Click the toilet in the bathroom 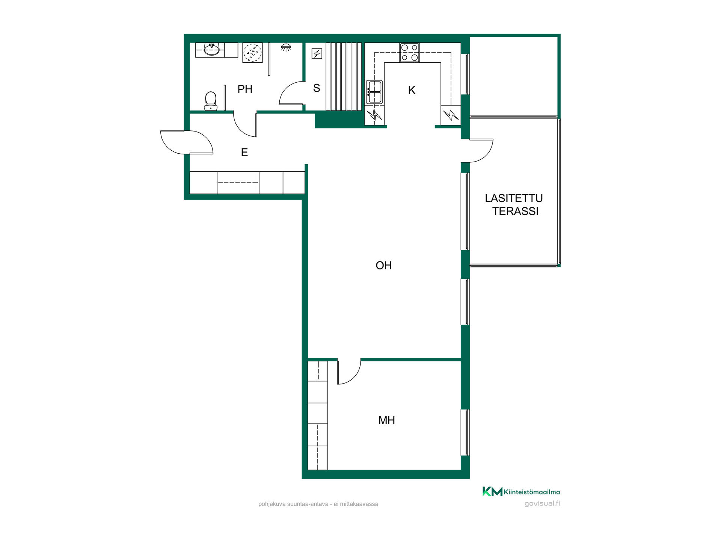[211, 101]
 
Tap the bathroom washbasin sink [211, 49]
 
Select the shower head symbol [286, 47]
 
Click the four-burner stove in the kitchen [409, 53]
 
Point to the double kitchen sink [374, 92]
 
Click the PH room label [245, 89]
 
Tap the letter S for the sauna [317, 88]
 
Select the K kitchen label [412, 90]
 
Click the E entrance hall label [244, 153]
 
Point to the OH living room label [383, 266]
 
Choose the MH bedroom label [386, 420]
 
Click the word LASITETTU [514, 198]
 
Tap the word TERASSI [515, 212]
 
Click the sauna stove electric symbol [317, 54]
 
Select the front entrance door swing [187, 142]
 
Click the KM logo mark [492, 491]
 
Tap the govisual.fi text [542, 503]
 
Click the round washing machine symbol [252, 53]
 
